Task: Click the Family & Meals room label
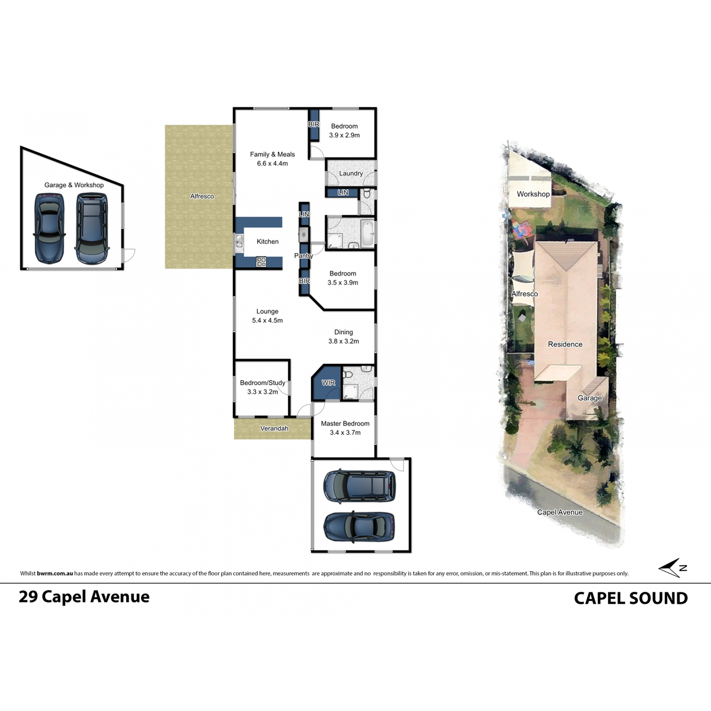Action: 272,155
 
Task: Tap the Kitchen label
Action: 267,242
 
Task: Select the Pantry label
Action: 303,256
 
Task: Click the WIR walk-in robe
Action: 328,383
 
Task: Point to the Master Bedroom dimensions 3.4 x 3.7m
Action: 345,433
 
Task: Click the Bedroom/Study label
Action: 262,383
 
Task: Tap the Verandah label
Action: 274,428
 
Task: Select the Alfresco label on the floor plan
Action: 202,196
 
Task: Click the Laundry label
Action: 351,174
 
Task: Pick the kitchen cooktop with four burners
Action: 261,261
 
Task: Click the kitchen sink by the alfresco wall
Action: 239,241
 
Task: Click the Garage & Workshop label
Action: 74,185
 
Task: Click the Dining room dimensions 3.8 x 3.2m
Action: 344,341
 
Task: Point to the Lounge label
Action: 267,312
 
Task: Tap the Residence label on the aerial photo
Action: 565,344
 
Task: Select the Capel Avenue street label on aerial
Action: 559,513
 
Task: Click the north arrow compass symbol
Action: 672,568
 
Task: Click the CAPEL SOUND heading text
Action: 630,598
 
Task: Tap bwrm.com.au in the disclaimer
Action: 55,574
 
